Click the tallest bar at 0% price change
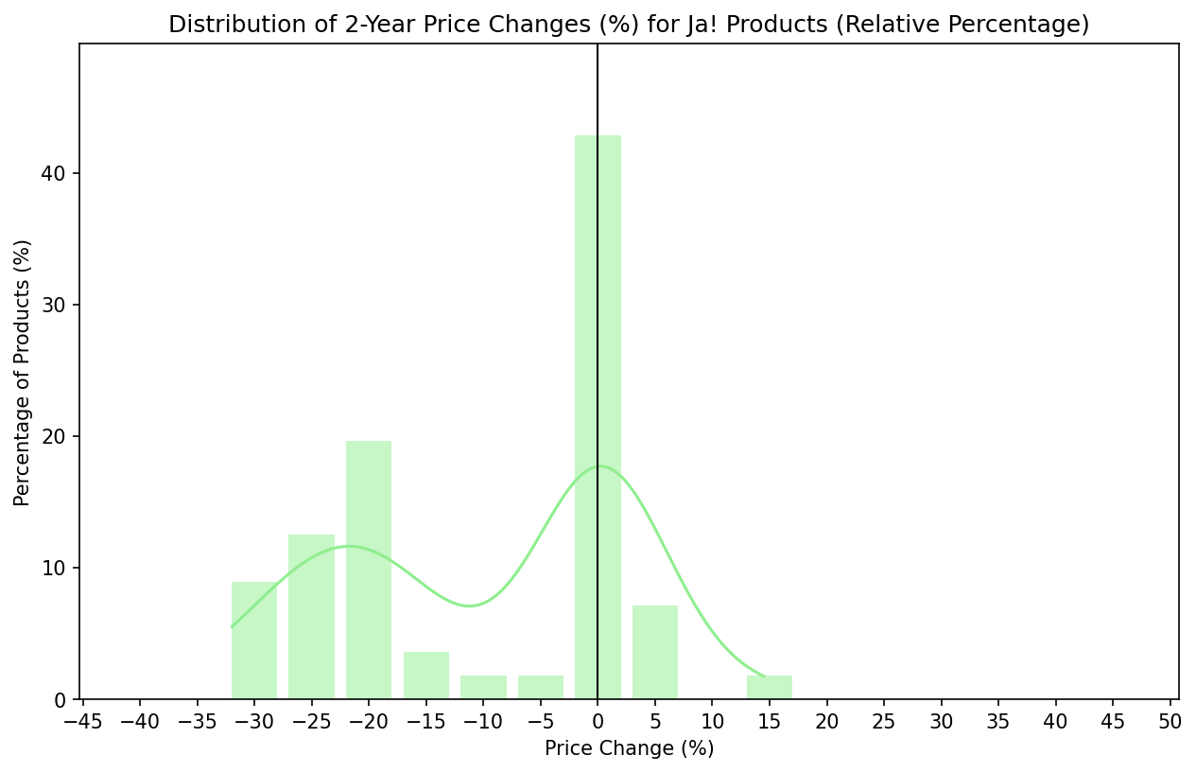coord(598,416)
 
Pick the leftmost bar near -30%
coord(254,641)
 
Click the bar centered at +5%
coord(655,652)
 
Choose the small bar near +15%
coord(770,688)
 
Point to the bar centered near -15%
coord(426,676)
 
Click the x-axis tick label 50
coord(1170,721)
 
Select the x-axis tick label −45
coord(82,721)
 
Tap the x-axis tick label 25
coord(884,721)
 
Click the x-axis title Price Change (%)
coord(629,748)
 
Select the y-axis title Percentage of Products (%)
coord(23,373)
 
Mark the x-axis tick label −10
coord(483,721)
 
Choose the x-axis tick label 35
coord(998,721)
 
